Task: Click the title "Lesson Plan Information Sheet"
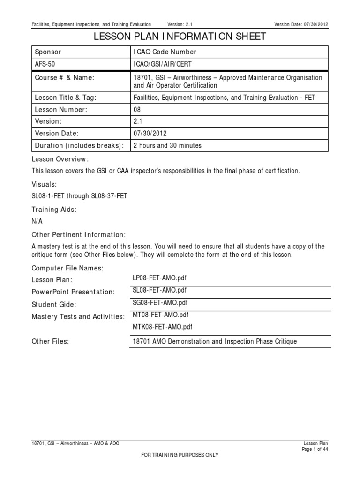[x=180, y=37]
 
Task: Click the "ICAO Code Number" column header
[x=165, y=52]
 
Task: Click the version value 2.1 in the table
[x=137, y=121]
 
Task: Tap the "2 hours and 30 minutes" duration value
[x=167, y=145]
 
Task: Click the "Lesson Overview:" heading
[x=60, y=159]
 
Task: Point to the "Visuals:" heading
[x=45, y=184]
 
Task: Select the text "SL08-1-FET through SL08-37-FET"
[x=79, y=196]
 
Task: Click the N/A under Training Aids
[x=37, y=221]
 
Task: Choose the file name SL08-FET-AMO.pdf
[x=160, y=291]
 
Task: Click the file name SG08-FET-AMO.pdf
[x=160, y=303]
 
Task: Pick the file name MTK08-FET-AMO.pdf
[x=162, y=327]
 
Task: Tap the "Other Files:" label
[x=50, y=342]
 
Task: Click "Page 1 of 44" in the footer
[x=315, y=449]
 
